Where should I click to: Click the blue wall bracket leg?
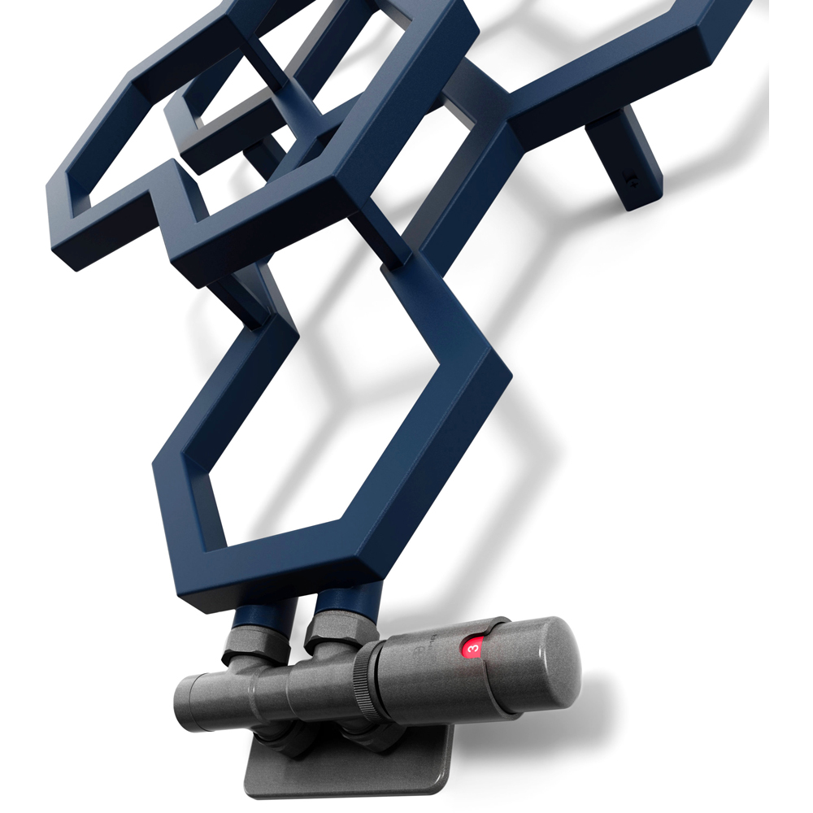click(624, 155)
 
